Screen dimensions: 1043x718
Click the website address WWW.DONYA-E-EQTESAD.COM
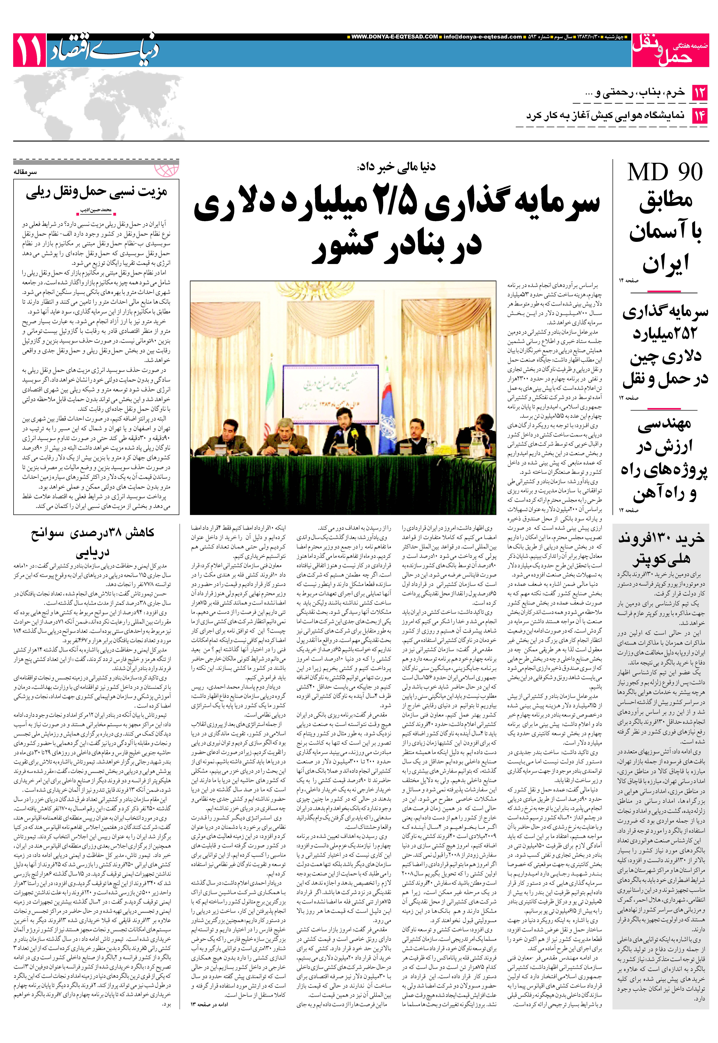coord(395,37)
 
